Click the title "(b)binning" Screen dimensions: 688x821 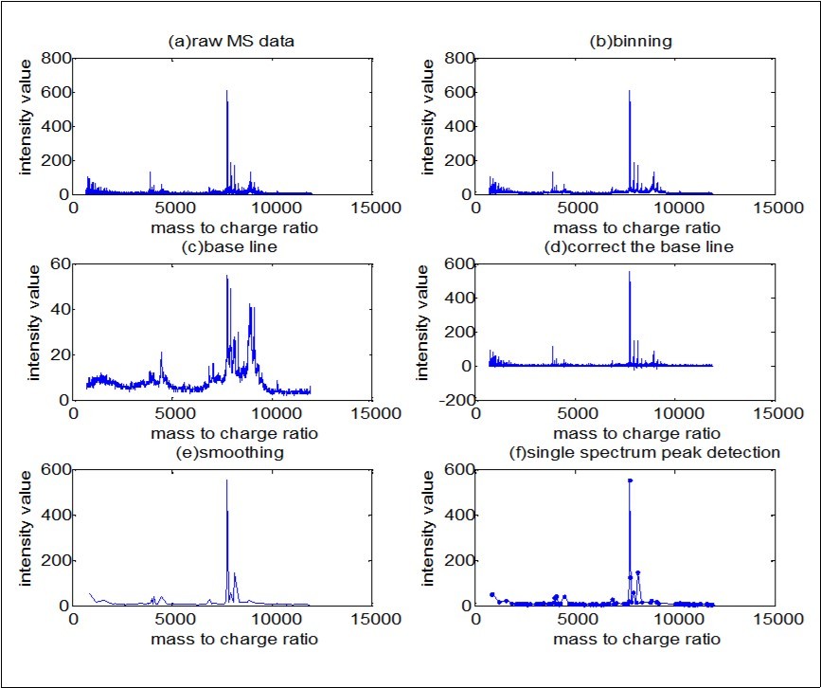click(625, 42)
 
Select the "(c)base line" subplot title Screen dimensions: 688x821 click(223, 247)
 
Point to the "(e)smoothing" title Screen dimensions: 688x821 click(223, 453)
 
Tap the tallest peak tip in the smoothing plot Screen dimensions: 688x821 click(226, 480)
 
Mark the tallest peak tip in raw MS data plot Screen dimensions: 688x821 click(226, 91)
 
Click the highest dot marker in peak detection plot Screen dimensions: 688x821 click(630, 480)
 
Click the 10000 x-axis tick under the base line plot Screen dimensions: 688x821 click(275, 414)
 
